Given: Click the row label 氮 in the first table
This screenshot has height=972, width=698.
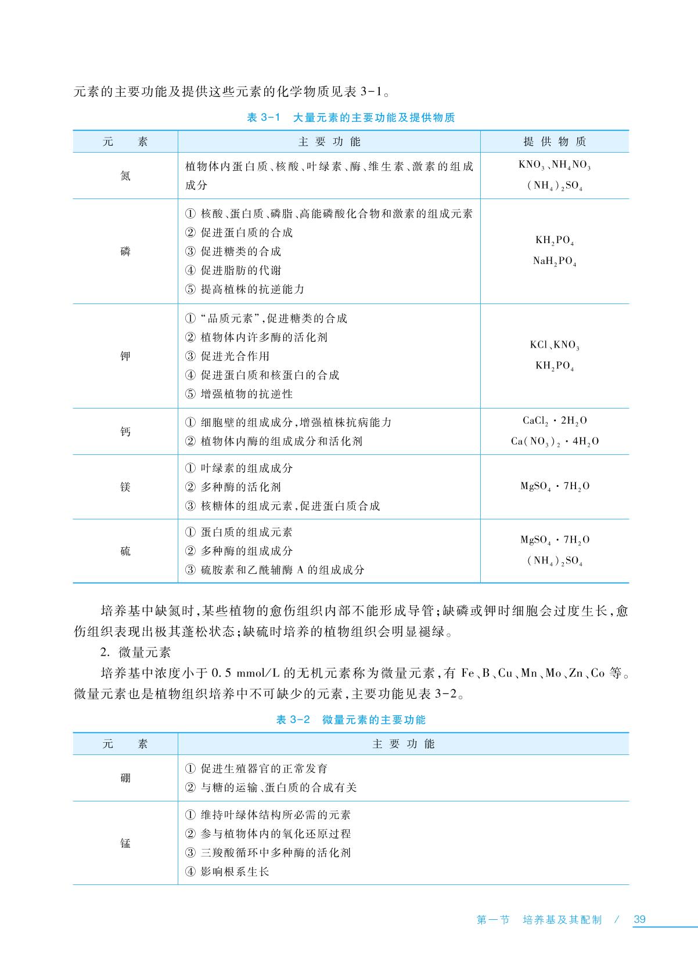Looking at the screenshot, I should [x=125, y=175].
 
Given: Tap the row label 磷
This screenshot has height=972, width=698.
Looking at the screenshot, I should [x=125, y=251].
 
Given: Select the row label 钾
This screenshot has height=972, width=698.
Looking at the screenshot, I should [x=125, y=356].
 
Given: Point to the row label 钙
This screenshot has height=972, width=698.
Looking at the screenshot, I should [x=125, y=431].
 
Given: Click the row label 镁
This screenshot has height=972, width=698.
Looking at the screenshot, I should [x=125, y=486].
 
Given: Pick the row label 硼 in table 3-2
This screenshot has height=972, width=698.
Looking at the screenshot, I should [x=125, y=778].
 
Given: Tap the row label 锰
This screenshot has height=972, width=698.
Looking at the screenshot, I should [x=125, y=843].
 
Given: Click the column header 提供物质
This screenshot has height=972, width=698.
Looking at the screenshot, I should [x=555, y=142].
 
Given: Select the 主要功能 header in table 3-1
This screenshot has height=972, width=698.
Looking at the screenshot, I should [x=329, y=142].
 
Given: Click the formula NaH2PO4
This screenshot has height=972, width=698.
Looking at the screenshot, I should [x=555, y=262].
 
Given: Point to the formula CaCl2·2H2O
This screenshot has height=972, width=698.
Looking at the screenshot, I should [x=555, y=421].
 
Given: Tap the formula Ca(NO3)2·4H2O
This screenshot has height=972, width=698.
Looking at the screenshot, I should [x=555, y=441].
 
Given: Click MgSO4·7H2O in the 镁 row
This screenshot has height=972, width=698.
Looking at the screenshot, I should [x=555, y=486].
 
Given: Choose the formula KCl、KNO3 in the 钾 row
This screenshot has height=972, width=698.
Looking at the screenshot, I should [x=555, y=345].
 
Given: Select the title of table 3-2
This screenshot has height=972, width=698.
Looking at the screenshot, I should [x=351, y=720].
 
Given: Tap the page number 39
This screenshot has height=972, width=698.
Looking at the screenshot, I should [x=639, y=919].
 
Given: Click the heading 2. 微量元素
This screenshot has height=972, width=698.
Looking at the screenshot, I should [x=135, y=652].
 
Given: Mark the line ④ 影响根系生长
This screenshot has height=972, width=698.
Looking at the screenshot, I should [x=228, y=872].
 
